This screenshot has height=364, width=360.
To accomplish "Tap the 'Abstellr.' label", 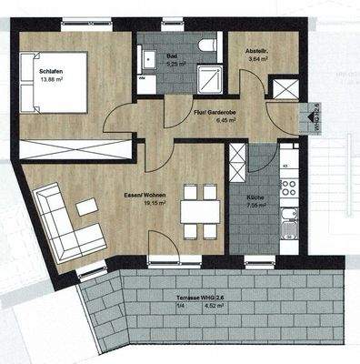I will pyautogui.click(x=249, y=51).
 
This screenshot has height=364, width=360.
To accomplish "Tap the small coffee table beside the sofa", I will pyautogui.click(x=87, y=207).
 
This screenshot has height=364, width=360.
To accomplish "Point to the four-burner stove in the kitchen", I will pyautogui.click(x=289, y=187).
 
